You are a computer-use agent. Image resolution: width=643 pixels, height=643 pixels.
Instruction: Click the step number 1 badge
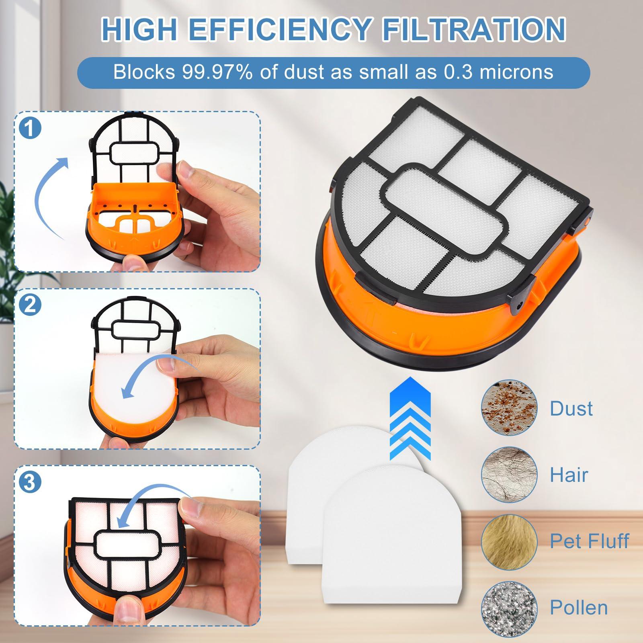(31, 128)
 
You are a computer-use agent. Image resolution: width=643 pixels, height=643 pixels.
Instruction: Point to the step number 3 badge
(31, 482)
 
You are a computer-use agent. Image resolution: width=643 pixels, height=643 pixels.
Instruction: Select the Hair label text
(569, 475)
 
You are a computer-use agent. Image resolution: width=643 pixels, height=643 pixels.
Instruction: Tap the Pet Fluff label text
(589, 541)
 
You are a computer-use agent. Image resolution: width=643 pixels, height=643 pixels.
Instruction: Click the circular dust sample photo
(509, 408)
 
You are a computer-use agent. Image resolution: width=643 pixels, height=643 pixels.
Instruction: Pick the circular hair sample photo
(509, 475)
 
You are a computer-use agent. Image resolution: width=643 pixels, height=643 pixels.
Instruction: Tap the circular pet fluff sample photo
(509, 541)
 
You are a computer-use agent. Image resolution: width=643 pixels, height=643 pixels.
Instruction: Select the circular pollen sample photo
(509, 607)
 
